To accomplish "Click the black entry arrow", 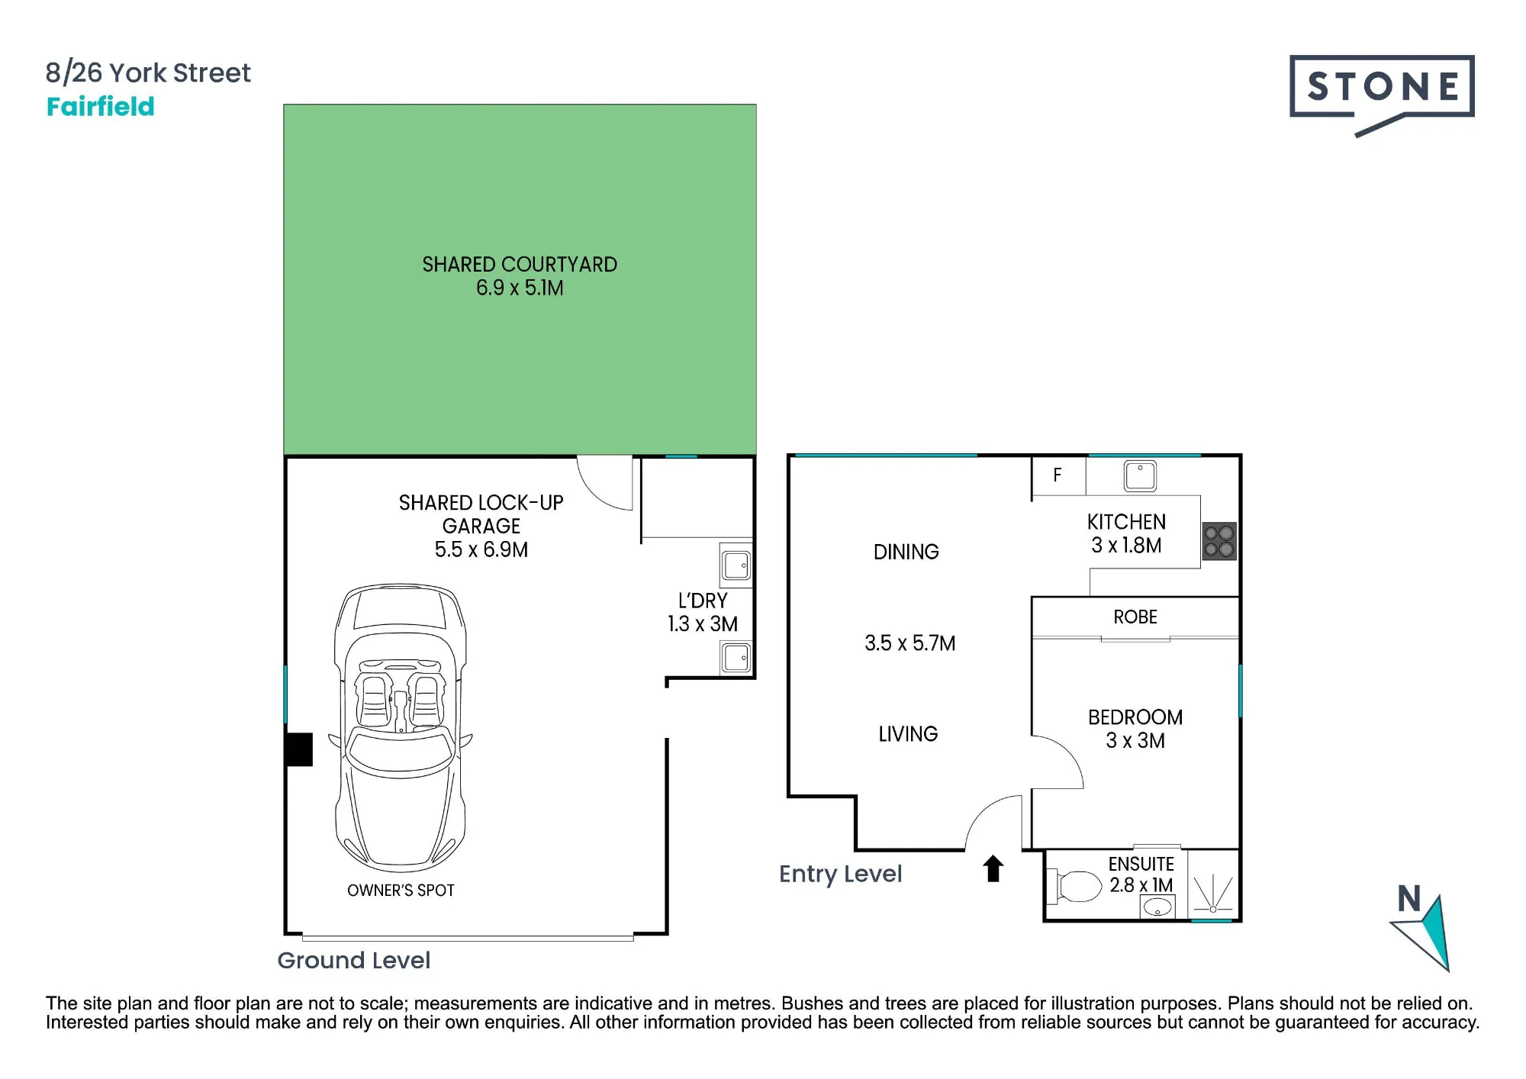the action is pyautogui.click(x=993, y=868).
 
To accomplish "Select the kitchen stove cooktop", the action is pyautogui.click(x=1219, y=541).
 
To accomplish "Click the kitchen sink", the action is pyautogui.click(x=1140, y=476).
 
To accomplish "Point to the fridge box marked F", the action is pyautogui.click(x=1058, y=475).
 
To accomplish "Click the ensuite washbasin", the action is pyautogui.click(x=1157, y=907).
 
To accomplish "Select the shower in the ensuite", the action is pyautogui.click(x=1213, y=885).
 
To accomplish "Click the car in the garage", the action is pyautogui.click(x=400, y=728).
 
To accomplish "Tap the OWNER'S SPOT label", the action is pyautogui.click(x=401, y=891).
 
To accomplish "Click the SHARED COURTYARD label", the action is pyautogui.click(x=520, y=265).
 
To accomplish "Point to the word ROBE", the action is pyautogui.click(x=1135, y=617).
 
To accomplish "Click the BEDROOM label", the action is pyautogui.click(x=1135, y=717).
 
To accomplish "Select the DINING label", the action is pyautogui.click(x=906, y=552).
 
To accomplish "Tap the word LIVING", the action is pyautogui.click(x=908, y=734).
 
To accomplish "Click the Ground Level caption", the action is pyautogui.click(x=354, y=960).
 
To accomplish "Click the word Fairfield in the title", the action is pyautogui.click(x=101, y=106).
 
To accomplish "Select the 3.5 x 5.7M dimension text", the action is pyautogui.click(x=910, y=643).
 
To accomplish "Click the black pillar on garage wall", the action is pyautogui.click(x=299, y=749).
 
